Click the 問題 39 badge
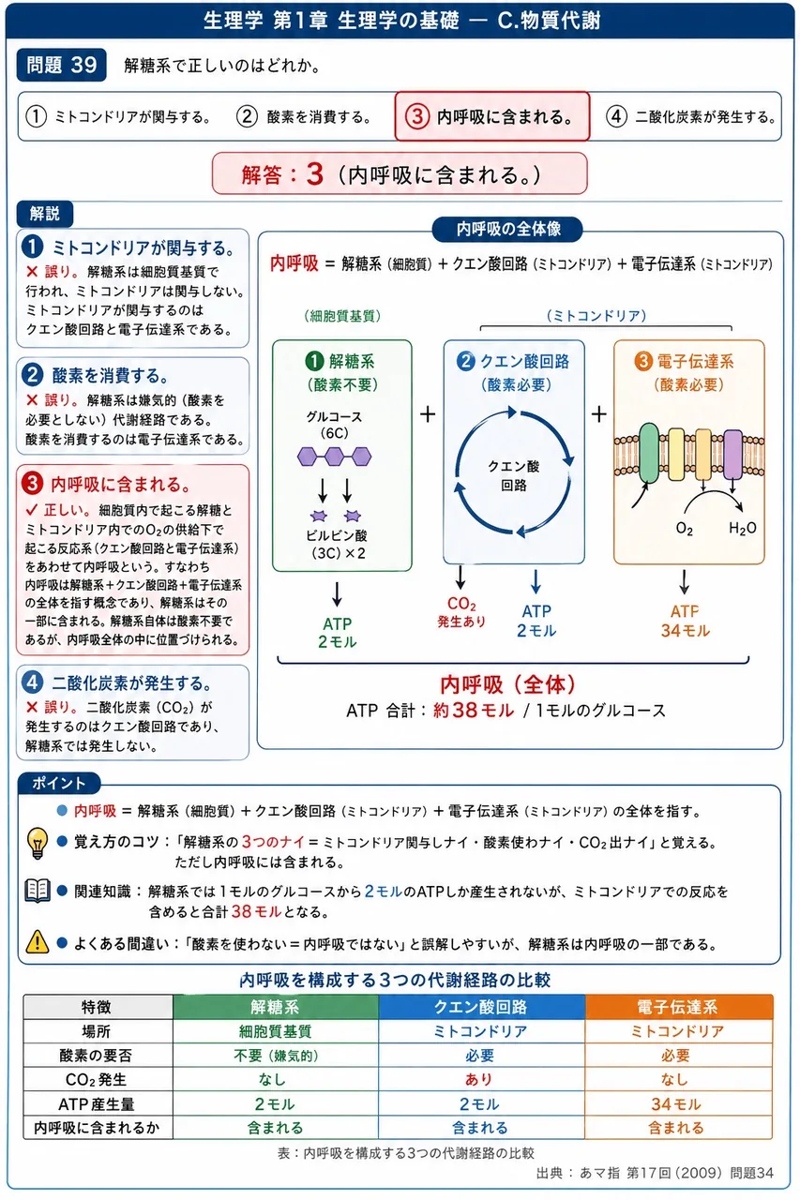coord(61,66)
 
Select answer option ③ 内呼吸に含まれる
coord(491,116)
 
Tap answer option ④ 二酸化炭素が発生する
coord(691,116)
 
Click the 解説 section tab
coord(44,214)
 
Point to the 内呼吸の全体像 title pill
coord(507,230)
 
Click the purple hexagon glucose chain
coord(335,457)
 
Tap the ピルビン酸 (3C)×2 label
coord(337,545)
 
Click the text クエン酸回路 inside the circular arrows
coord(513,475)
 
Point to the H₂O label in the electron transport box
coord(742,528)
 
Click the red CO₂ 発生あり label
coord(461,612)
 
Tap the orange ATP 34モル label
coord(685,621)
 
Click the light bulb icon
coord(38,843)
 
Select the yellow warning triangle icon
coord(37,941)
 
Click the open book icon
coord(38,891)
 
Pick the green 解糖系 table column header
coord(276,1007)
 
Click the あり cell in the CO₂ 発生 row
coord(478,1079)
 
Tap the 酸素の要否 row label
coord(96,1055)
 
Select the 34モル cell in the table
coord(675,1103)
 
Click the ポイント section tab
coord(58,783)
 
